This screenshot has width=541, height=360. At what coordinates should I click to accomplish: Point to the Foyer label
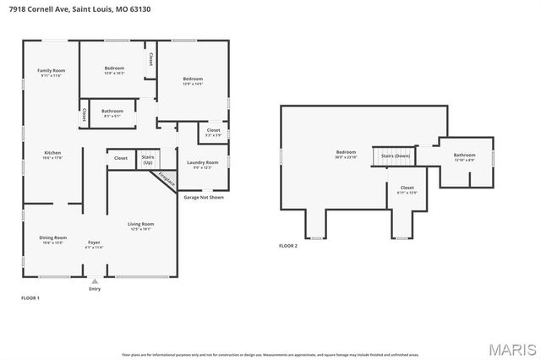click(x=93, y=243)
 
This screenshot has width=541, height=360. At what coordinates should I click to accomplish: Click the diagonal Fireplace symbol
click(x=167, y=179)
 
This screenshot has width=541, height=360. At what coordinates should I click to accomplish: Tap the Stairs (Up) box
click(x=147, y=158)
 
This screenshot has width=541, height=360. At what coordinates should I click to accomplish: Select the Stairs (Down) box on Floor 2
click(x=395, y=156)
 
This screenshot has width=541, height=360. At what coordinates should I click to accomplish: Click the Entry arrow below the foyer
click(x=94, y=281)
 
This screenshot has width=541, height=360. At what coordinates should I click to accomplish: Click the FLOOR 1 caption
click(x=30, y=297)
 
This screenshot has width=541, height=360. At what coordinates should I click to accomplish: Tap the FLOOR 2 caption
click(x=288, y=246)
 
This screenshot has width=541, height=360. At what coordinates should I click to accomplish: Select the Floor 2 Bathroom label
click(x=464, y=155)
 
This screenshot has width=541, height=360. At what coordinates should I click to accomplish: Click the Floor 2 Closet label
click(x=407, y=188)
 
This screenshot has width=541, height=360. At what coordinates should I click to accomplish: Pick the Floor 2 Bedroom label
click(x=346, y=153)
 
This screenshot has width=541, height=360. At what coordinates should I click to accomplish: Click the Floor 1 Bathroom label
click(x=112, y=112)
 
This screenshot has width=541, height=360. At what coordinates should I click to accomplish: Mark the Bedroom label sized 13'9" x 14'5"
click(x=192, y=80)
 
